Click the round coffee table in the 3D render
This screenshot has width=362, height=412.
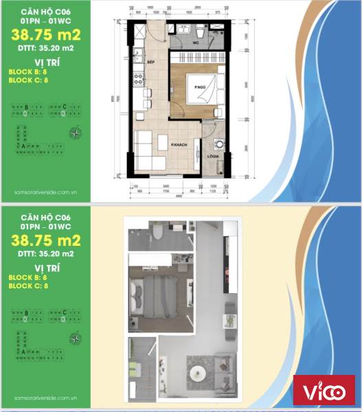pyautogui.click(x=198, y=372)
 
